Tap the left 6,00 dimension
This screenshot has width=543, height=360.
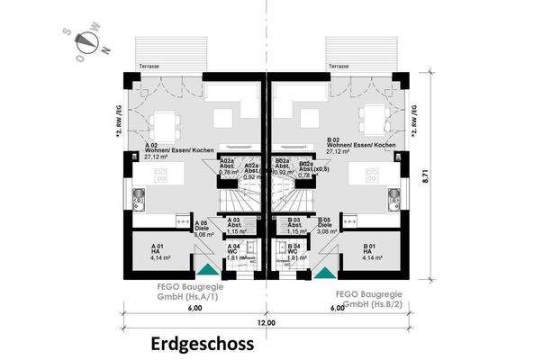coord(195,308)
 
